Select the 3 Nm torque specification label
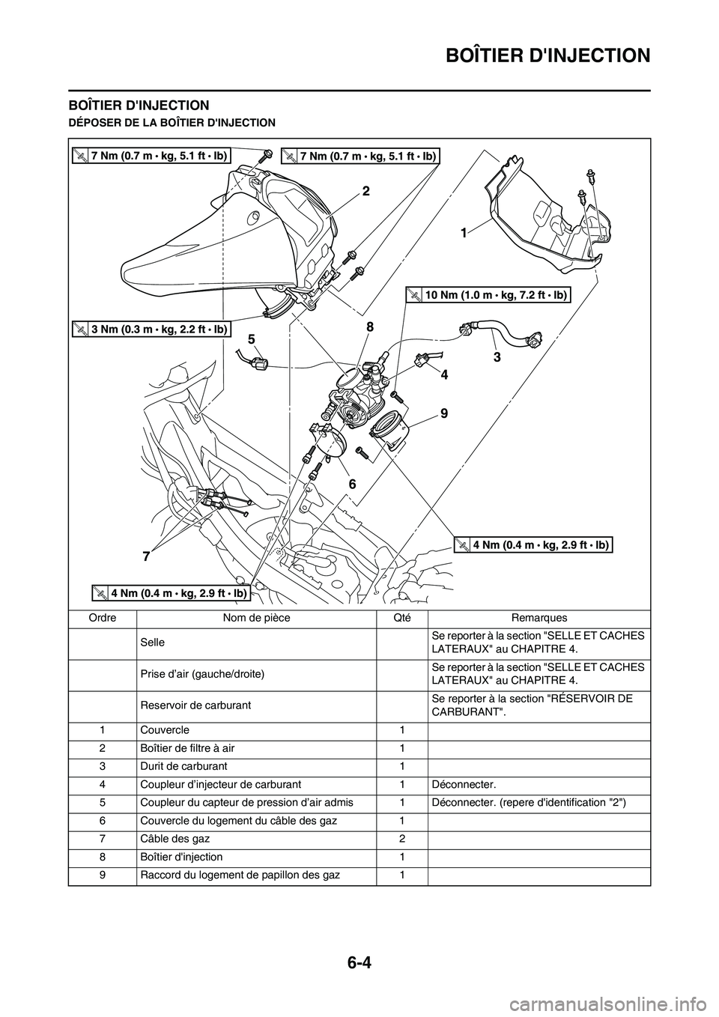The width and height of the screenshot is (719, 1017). (151, 330)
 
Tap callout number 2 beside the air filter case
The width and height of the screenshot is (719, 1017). (365, 191)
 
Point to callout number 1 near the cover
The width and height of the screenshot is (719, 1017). (464, 234)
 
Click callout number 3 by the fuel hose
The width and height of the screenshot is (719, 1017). (497, 357)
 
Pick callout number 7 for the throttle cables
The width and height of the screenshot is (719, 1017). (146, 556)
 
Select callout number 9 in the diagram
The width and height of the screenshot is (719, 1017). (443, 413)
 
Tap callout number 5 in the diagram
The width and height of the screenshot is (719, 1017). (252, 339)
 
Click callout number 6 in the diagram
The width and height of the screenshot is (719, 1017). (352, 484)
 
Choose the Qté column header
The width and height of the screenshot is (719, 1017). (401, 618)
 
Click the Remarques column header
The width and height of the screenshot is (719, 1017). (539, 618)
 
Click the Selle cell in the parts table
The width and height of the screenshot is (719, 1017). (153, 643)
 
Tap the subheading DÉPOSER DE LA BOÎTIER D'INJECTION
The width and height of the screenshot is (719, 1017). (172, 123)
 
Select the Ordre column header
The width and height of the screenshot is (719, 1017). (103, 618)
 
